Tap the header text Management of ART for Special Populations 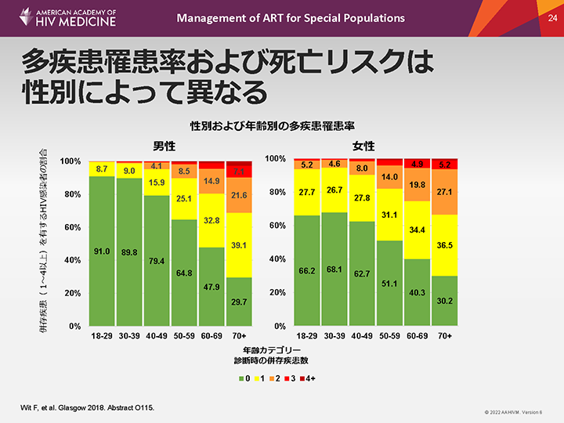tap(291, 17)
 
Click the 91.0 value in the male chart tap(102, 251)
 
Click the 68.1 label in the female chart tap(334, 269)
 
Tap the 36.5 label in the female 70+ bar tap(444, 245)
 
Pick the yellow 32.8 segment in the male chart tap(211, 222)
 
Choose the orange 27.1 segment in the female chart tap(444, 192)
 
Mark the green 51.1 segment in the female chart tap(389, 283)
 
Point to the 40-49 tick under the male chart tap(157, 335)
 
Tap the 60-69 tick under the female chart tap(417, 335)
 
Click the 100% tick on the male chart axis tap(70, 161)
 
